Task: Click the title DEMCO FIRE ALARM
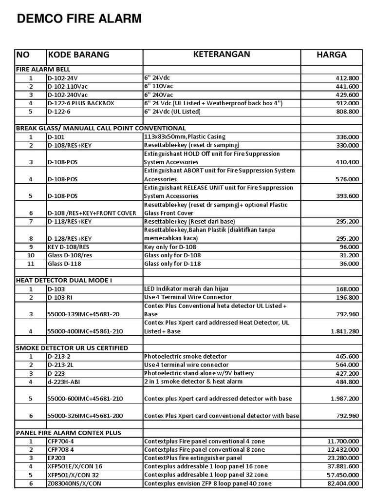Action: [79, 19]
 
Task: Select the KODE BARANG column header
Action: [78, 55]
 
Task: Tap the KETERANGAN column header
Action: [222, 54]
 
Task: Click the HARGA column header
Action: [332, 55]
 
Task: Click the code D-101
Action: [56, 137]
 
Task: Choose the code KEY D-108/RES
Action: [69, 247]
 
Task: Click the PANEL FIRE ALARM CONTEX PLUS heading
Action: [69, 432]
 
